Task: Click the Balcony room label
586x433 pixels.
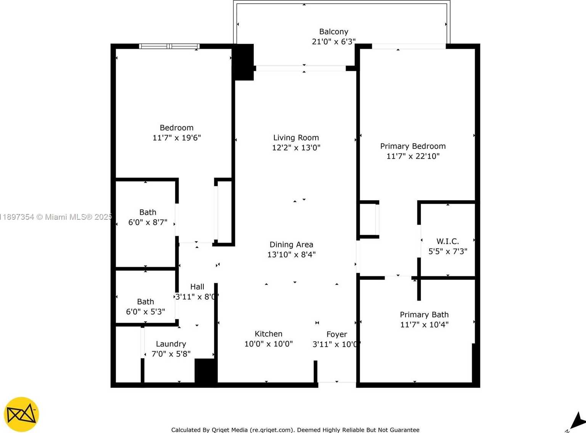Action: point(333,32)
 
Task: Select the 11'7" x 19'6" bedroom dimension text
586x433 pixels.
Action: point(177,138)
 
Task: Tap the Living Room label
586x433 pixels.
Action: point(296,138)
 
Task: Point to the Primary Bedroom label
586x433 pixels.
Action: point(413,146)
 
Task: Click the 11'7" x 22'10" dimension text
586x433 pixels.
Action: point(413,156)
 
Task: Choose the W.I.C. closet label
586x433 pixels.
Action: point(448,241)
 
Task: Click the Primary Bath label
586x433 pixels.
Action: point(424,315)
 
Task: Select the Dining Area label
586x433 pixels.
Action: point(291,244)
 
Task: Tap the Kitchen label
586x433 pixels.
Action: point(269,334)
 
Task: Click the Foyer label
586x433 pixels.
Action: point(336,334)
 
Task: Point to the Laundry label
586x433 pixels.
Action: point(171,344)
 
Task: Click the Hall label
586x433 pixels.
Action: point(197,287)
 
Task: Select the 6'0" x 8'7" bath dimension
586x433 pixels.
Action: point(148,222)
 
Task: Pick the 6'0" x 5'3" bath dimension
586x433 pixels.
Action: point(145,312)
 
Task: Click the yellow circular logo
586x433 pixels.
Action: point(21,414)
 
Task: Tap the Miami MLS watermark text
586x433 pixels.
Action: point(57,217)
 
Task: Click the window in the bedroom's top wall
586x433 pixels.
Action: point(169,46)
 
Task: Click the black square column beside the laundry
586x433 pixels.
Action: point(206,370)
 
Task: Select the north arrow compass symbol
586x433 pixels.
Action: point(577,422)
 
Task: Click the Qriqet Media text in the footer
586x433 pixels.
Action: point(229,430)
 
